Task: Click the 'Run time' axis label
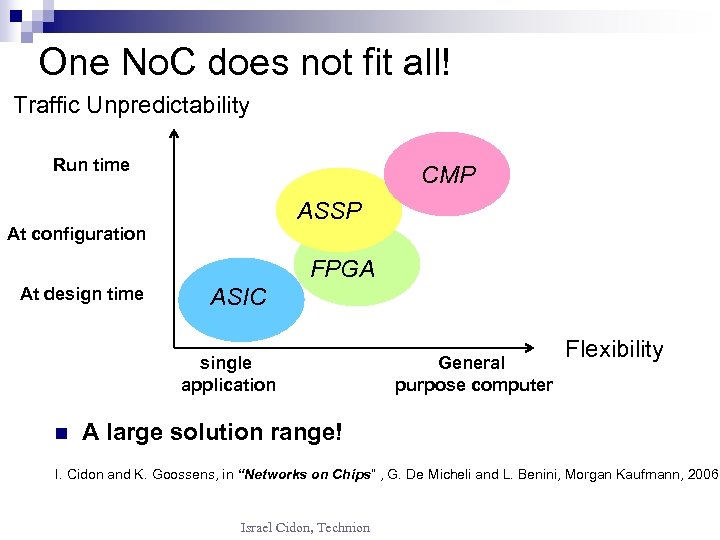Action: (91, 165)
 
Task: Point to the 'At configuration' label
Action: (76, 234)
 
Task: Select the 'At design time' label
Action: (82, 294)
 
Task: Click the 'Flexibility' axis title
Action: (614, 349)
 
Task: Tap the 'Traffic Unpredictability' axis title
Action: (131, 105)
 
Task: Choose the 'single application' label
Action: (228, 374)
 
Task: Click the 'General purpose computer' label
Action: (473, 374)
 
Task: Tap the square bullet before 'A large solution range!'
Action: (60, 434)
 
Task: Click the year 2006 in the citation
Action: (702, 474)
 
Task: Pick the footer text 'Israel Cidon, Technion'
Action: (305, 527)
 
